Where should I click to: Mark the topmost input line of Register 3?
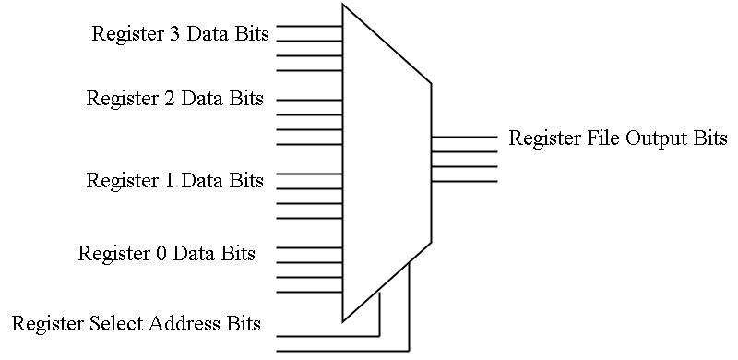point(309,26)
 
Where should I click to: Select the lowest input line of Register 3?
point(309,70)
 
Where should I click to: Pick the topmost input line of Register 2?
point(309,100)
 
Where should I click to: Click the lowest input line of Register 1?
point(309,218)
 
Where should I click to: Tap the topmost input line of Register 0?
point(309,247)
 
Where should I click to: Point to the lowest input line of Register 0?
point(309,292)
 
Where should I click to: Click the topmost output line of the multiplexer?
point(464,137)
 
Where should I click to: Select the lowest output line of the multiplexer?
point(464,181)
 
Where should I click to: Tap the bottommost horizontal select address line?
point(341,351)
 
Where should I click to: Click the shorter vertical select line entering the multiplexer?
point(379,314)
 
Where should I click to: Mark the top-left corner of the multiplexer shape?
point(343,6)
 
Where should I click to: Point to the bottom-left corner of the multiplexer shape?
point(343,320)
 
